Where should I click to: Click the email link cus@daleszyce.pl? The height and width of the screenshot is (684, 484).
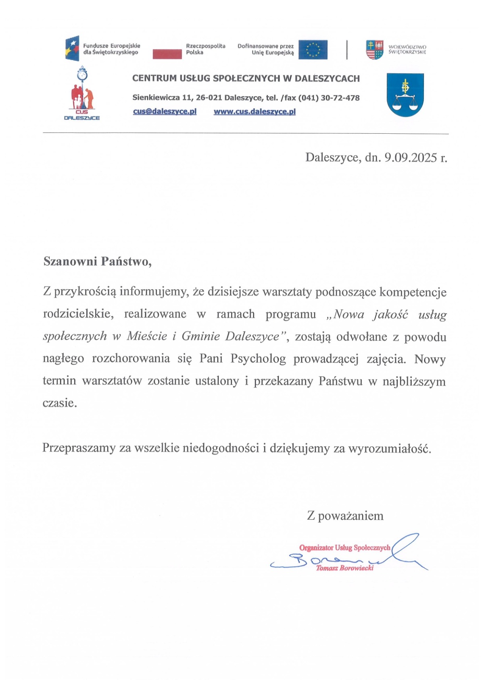(165, 112)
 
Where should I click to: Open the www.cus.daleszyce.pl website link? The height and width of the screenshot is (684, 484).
(255, 112)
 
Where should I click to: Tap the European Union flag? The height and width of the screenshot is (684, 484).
(313, 50)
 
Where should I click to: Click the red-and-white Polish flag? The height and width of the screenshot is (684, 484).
(167, 52)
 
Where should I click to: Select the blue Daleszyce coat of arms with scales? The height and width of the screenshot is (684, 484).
(405, 95)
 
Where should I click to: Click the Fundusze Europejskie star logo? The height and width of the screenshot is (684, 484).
(72, 48)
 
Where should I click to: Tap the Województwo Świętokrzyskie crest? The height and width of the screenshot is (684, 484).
(374, 50)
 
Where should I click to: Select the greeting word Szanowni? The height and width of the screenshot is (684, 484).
(70, 261)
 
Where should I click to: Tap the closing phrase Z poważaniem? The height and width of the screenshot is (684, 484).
(345, 516)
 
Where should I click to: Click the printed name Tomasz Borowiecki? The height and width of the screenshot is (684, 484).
(345, 568)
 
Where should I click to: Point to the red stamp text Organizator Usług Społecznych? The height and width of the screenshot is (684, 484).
(344, 548)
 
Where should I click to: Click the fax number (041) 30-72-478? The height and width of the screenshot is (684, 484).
(328, 98)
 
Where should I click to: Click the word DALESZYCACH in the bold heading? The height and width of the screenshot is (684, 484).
(327, 79)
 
